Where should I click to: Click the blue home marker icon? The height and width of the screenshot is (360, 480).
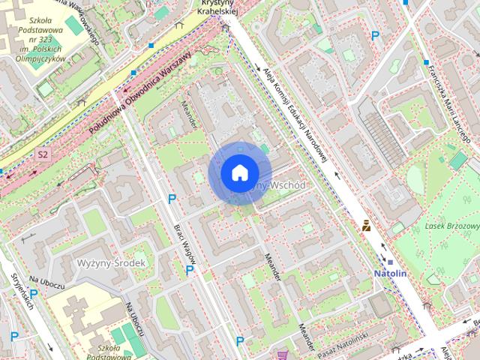pos(238,173)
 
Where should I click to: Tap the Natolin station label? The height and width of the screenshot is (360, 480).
pos(390,274)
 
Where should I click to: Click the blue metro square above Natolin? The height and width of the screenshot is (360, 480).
pos(390,262)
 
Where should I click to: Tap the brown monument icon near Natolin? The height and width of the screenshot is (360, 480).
pos(366,225)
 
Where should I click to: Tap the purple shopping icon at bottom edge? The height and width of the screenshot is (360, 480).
pos(282,355)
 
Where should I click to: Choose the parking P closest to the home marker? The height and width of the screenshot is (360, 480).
pos(172,199)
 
